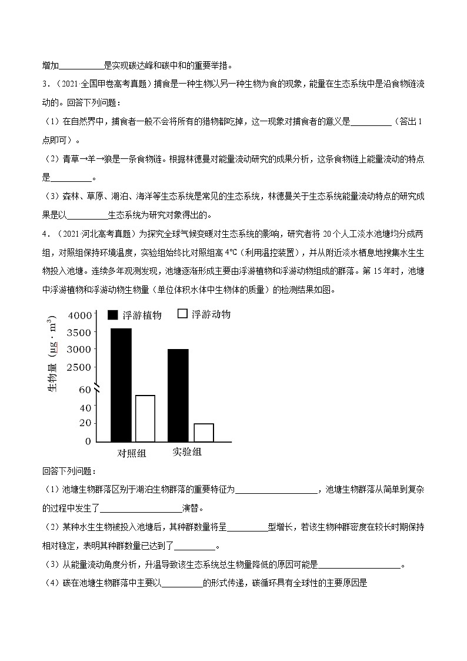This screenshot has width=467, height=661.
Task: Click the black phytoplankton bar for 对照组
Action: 121,384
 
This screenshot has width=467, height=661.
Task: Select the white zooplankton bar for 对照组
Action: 145,418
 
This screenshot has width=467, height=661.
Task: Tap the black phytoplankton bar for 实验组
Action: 178,395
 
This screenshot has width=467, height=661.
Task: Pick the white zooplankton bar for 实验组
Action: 204,432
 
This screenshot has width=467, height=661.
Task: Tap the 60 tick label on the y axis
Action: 85,390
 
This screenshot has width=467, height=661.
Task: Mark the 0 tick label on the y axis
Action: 88,441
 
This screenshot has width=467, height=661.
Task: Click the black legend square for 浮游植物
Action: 112,315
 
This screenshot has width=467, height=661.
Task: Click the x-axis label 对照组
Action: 132,453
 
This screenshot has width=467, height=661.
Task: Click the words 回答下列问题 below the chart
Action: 68,471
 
